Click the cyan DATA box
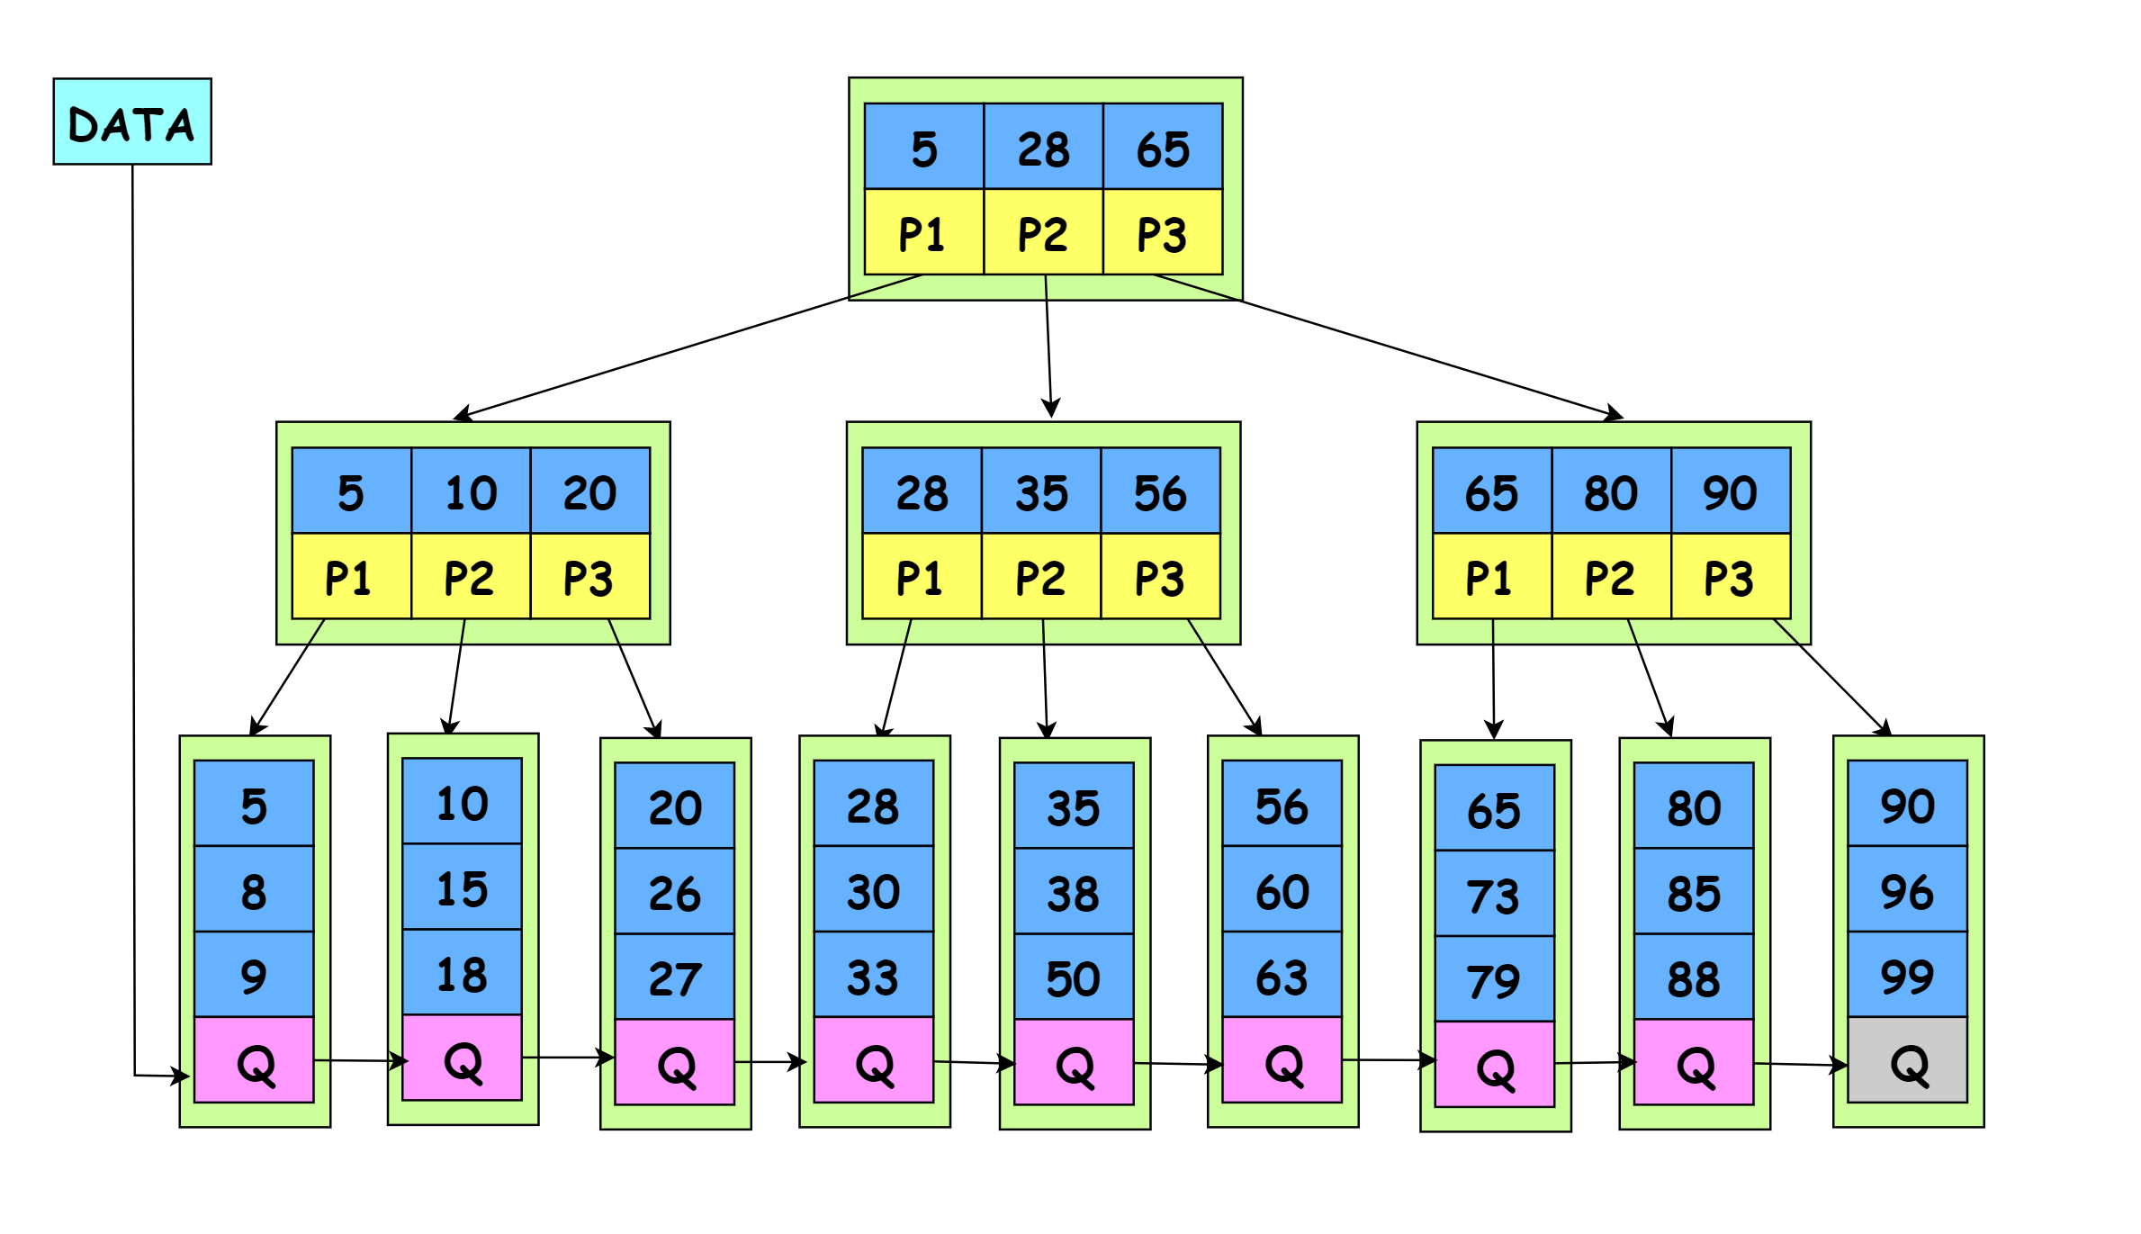tap(132, 122)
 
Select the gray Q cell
tap(1907, 1060)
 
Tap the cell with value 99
tap(1907, 975)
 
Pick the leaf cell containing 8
tap(254, 889)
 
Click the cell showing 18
tap(462, 973)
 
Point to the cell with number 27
tap(674, 977)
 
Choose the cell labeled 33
tap(873, 975)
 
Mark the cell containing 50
tap(1073, 977)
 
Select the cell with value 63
tap(1282, 975)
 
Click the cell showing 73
tap(1494, 894)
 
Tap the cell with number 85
tap(1694, 892)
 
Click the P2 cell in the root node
tap(1043, 232)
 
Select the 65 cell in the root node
tap(1163, 147)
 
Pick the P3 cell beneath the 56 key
tap(1160, 577)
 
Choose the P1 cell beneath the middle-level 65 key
tap(1491, 577)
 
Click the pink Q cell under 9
tap(254, 1060)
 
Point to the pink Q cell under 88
tap(1694, 1063)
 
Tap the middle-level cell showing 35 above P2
tap(1041, 491)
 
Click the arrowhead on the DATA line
tap(183, 1076)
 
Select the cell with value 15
tap(462, 887)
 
